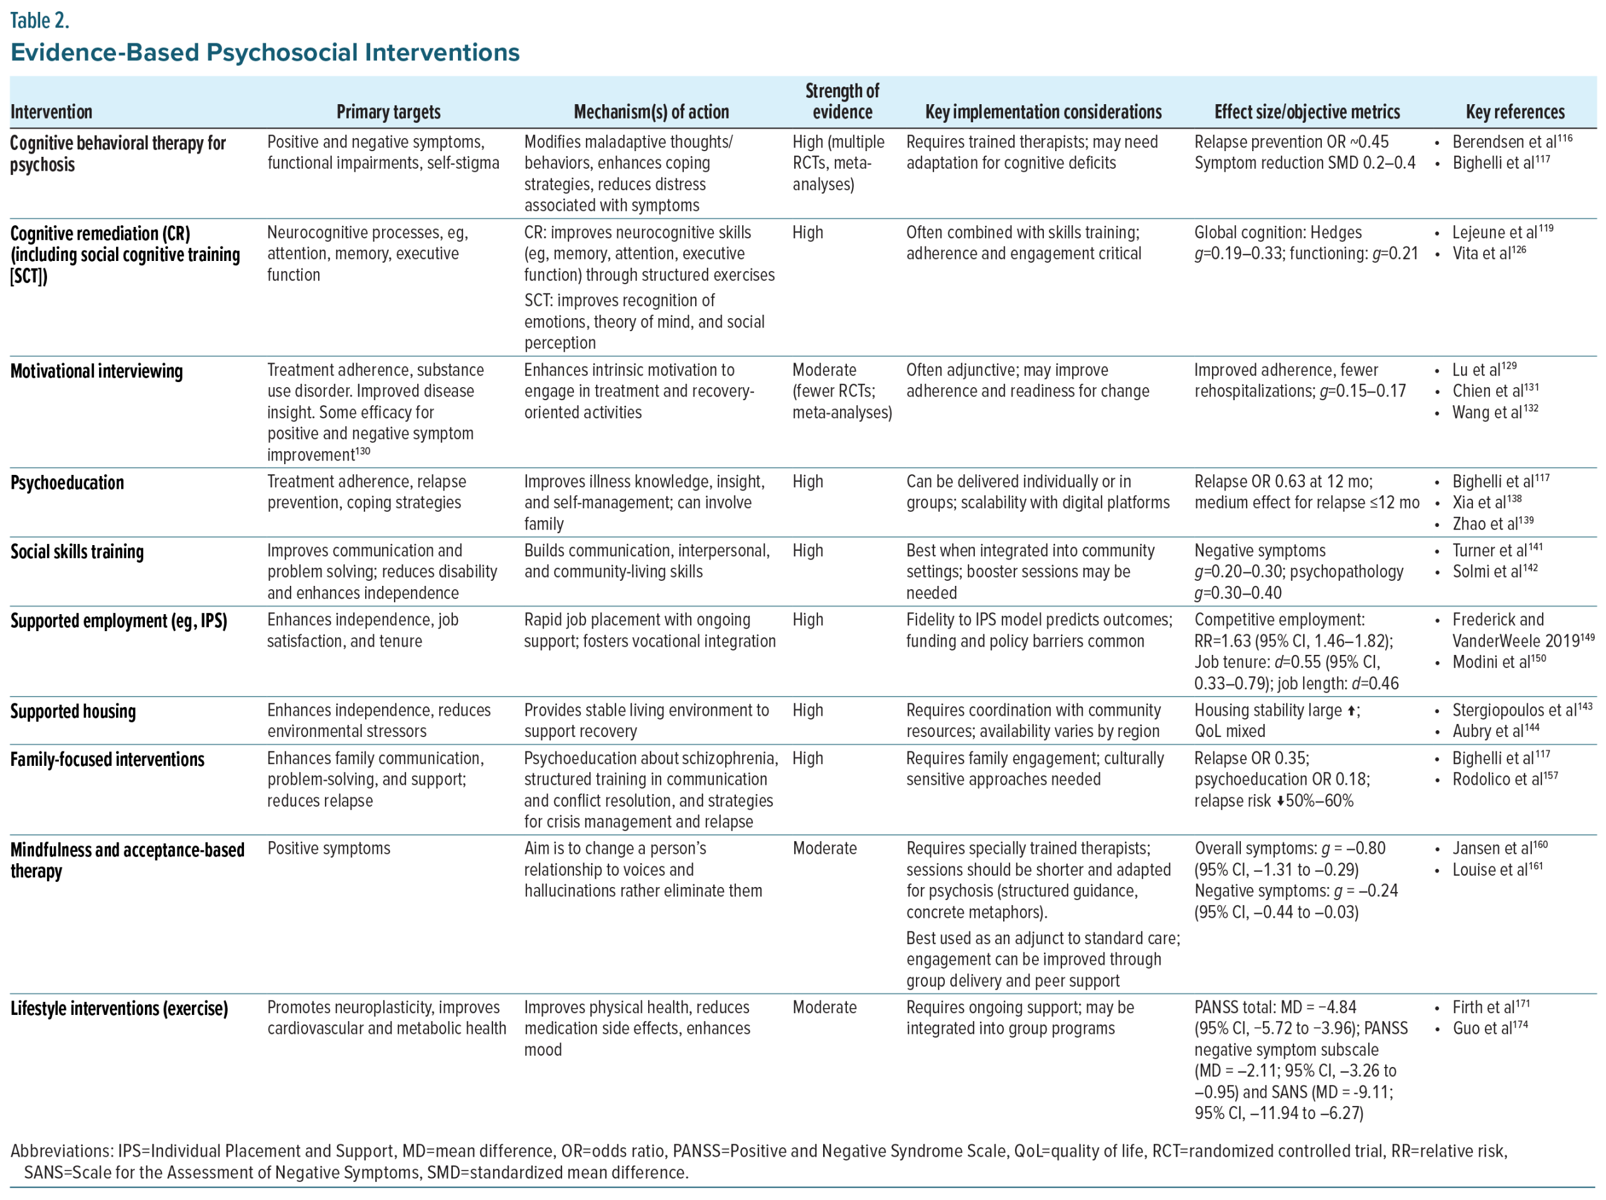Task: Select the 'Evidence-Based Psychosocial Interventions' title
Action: [x=265, y=52]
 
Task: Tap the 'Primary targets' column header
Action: [x=388, y=112]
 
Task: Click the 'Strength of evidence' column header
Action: [x=842, y=102]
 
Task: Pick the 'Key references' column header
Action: [x=1515, y=112]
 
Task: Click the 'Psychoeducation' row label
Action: [x=66, y=483]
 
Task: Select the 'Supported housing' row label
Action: [x=73, y=711]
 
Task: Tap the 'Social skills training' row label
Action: [x=77, y=552]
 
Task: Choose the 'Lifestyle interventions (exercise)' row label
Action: [x=119, y=1008]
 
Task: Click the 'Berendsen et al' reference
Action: [x=1504, y=142]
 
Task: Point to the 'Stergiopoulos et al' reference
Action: [x=1514, y=711]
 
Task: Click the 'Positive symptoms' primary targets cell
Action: [x=329, y=849]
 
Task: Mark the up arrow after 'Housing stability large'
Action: [x=1351, y=711]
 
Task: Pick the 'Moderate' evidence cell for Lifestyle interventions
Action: [x=825, y=1007]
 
